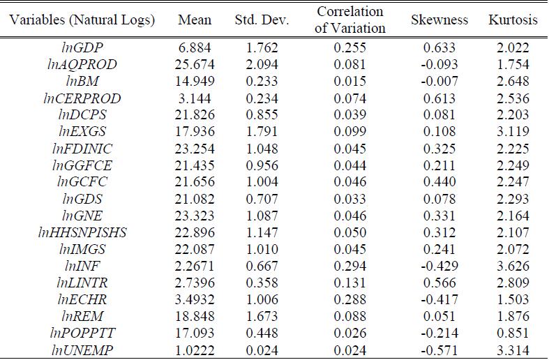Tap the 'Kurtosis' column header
pos(513,20)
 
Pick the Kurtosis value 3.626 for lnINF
pos(513,266)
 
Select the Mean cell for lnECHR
pos(195,300)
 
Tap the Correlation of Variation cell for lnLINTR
pos(350,283)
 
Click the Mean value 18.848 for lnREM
pos(195,317)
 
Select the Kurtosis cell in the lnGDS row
pos(513,198)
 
